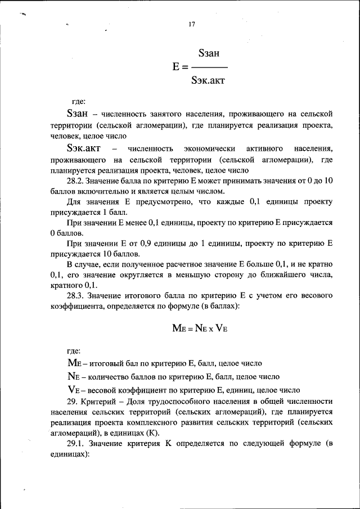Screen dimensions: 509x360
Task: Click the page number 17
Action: [191, 24]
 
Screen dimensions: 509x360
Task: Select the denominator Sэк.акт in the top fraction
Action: [208, 80]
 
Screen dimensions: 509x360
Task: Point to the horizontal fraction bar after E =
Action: [208, 67]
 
